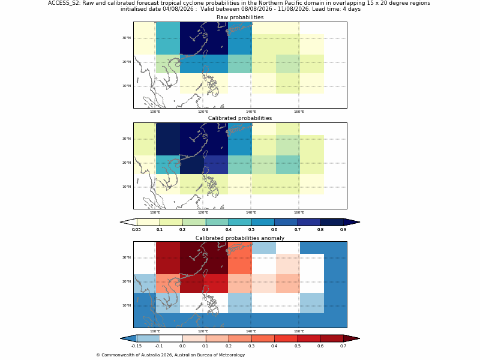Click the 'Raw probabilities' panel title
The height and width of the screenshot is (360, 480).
coord(240,17)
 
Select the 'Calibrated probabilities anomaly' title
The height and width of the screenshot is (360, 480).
coord(240,238)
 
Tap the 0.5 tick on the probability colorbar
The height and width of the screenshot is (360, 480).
coord(251,230)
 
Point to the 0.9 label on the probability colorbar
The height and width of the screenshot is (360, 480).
coord(343,230)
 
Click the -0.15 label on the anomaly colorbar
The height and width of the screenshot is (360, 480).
coord(136,346)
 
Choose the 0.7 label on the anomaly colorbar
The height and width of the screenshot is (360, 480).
coord(343,346)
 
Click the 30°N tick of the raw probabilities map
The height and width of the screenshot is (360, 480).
coord(127,38)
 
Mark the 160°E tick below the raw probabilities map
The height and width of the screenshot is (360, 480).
coord(299,112)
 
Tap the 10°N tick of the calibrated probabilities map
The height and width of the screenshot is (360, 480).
coord(127,187)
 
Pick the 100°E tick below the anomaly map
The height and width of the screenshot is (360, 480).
coord(155,331)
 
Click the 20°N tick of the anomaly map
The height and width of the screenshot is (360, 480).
coord(127,281)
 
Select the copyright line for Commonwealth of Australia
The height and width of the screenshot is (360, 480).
coord(170,355)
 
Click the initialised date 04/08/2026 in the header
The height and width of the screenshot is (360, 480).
coord(178,9)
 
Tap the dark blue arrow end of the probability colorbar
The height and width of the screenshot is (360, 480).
coord(352,222)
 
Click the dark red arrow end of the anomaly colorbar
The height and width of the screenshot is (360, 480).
coord(352,338)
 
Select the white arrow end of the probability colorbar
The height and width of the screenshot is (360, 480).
coord(128,222)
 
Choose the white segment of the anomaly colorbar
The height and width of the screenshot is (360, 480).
coord(171,338)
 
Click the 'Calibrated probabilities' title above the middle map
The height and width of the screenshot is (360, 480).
coord(240,118)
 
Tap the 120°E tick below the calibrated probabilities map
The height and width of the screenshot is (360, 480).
coord(203,212)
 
